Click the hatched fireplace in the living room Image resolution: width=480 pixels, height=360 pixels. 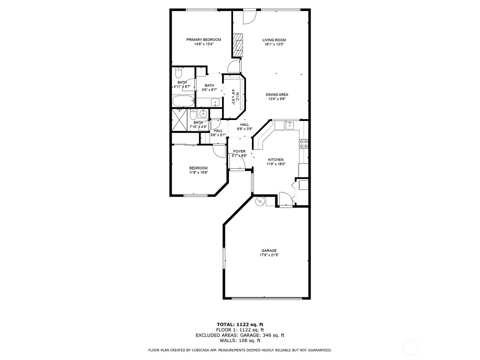pyautogui.click(x=237, y=45)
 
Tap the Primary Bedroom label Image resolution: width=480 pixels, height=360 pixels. pyautogui.click(x=203, y=40)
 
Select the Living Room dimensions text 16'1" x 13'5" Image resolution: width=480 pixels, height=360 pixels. pyautogui.click(x=274, y=44)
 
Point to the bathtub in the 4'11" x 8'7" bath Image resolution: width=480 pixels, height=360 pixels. pyautogui.click(x=183, y=100)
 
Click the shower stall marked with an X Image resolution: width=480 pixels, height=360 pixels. pyautogui.click(x=179, y=119)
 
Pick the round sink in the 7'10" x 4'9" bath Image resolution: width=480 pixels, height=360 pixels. pyautogui.click(x=202, y=114)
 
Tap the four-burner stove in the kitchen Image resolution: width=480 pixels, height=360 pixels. pyautogui.click(x=303, y=144)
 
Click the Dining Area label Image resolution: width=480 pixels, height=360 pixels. pyautogui.click(x=276, y=94)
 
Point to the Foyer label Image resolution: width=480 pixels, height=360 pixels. pyautogui.click(x=239, y=151)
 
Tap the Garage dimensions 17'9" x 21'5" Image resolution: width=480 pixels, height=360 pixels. pyautogui.click(x=269, y=255)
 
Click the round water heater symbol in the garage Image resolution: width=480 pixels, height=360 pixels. pyautogui.click(x=259, y=201)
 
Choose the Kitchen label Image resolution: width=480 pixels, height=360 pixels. pyautogui.click(x=276, y=160)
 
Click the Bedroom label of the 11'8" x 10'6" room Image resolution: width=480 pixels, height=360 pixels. pyautogui.click(x=198, y=168)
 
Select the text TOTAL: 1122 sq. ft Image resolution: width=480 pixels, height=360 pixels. pyautogui.click(x=240, y=324)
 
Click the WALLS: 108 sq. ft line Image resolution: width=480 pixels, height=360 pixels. pyautogui.click(x=240, y=340)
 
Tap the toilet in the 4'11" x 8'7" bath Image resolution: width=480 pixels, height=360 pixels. pyautogui.click(x=178, y=73)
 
